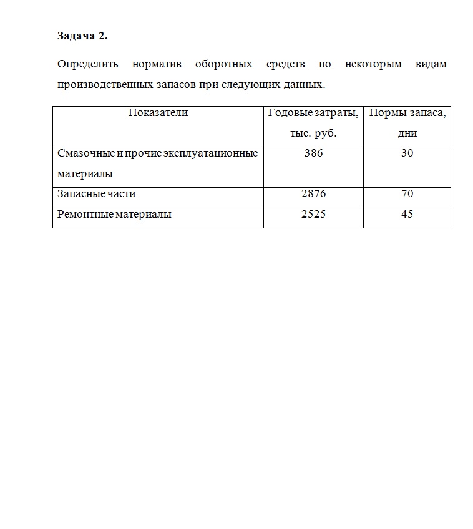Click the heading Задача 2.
point(82,36)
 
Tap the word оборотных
point(224,64)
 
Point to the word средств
point(285,64)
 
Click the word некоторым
point(373,64)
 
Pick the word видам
point(431,64)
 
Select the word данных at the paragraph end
point(306,84)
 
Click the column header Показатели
point(158,113)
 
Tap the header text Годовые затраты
point(313,113)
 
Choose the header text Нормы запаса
point(407,113)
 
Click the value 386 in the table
point(313,153)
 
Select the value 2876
point(313,194)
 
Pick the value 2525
point(313,215)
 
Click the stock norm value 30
point(407,153)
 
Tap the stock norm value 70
point(407,194)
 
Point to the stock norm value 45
point(407,215)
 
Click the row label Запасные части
point(96,194)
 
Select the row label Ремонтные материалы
point(114,215)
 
